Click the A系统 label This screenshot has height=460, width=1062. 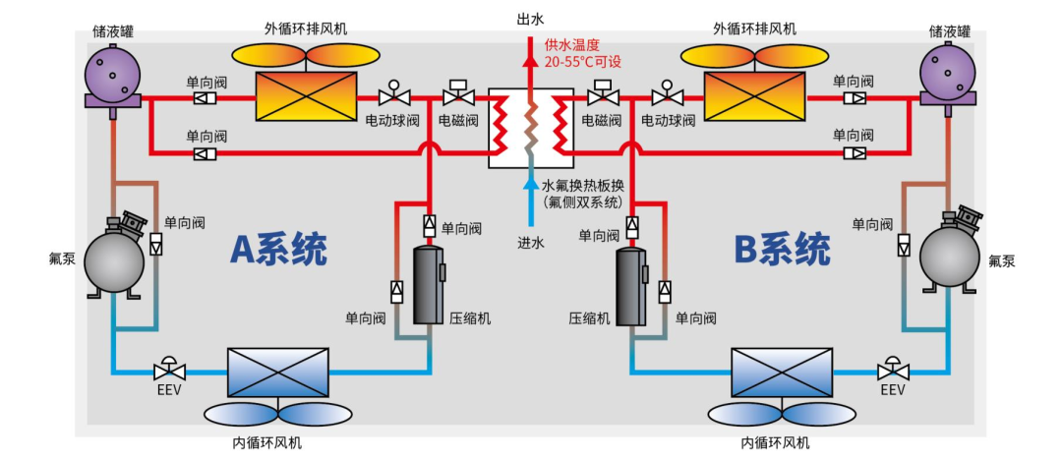tap(278, 250)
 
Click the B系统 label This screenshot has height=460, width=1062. tap(783, 250)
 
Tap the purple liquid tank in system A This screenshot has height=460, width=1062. tap(113, 76)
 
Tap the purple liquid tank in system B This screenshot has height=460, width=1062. tap(948, 76)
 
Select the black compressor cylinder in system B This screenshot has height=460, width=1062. tap(630, 286)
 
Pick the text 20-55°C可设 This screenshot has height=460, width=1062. tap(583, 61)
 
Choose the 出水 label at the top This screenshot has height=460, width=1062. tap(530, 19)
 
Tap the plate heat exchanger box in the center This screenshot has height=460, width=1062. tap(530, 127)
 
